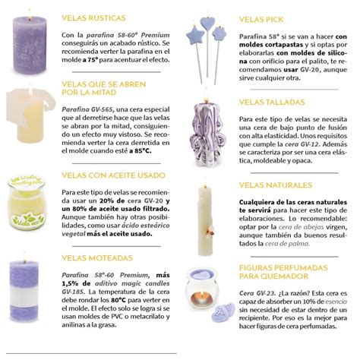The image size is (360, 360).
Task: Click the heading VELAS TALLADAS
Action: [271, 102]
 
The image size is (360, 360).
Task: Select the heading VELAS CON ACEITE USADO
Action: [109, 175]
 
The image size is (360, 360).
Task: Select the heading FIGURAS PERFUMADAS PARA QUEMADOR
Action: [281, 273]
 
